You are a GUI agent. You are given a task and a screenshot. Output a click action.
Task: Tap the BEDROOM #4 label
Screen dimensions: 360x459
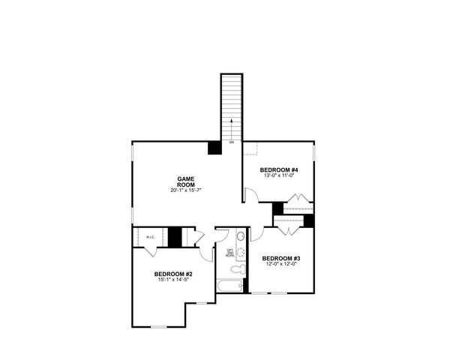click(x=280, y=171)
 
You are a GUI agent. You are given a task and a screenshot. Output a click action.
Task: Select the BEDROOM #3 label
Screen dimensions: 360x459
click(x=280, y=259)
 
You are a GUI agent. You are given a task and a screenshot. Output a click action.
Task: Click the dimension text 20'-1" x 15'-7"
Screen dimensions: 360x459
click(x=186, y=191)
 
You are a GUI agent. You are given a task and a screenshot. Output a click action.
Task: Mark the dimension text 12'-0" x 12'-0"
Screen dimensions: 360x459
click(x=280, y=265)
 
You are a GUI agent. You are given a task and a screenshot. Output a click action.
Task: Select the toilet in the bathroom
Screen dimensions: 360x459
click(x=236, y=268)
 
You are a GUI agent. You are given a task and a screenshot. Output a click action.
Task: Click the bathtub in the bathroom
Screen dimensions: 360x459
click(x=229, y=286)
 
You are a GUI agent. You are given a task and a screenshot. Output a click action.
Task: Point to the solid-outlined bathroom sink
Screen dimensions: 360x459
click(x=240, y=237)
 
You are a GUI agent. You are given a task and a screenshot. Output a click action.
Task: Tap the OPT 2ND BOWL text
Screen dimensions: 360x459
click(x=230, y=253)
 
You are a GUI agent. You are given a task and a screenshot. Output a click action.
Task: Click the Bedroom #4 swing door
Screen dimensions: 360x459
click(x=252, y=196)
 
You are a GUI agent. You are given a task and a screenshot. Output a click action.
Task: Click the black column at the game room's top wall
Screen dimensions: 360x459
click(x=214, y=148)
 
